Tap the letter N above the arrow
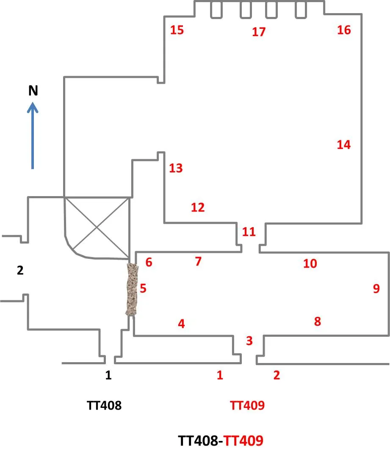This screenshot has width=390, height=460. (x=33, y=91)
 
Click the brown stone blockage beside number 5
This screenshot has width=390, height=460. (x=133, y=289)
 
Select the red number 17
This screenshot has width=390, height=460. (x=258, y=32)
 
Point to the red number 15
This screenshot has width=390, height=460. (x=177, y=30)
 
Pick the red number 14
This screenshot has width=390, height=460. (x=344, y=144)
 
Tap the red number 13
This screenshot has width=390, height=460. (x=176, y=168)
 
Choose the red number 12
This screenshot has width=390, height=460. (x=198, y=207)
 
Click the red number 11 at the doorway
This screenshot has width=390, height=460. (x=249, y=232)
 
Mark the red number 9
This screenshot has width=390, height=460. (x=376, y=288)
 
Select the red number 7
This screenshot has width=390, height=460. (x=198, y=261)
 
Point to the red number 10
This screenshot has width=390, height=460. (x=310, y=263)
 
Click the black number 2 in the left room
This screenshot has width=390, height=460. (x=20, y=271)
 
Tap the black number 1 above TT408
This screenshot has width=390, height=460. (x=108, y=375)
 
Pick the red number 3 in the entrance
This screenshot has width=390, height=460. (x=249, y=340)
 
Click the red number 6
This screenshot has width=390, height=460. (x=149, y=262)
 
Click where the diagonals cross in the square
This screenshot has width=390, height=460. (x=97, y=227)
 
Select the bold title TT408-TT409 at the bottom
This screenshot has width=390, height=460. (x=221, y=441)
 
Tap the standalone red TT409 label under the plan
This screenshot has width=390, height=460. (x=247, y=405)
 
